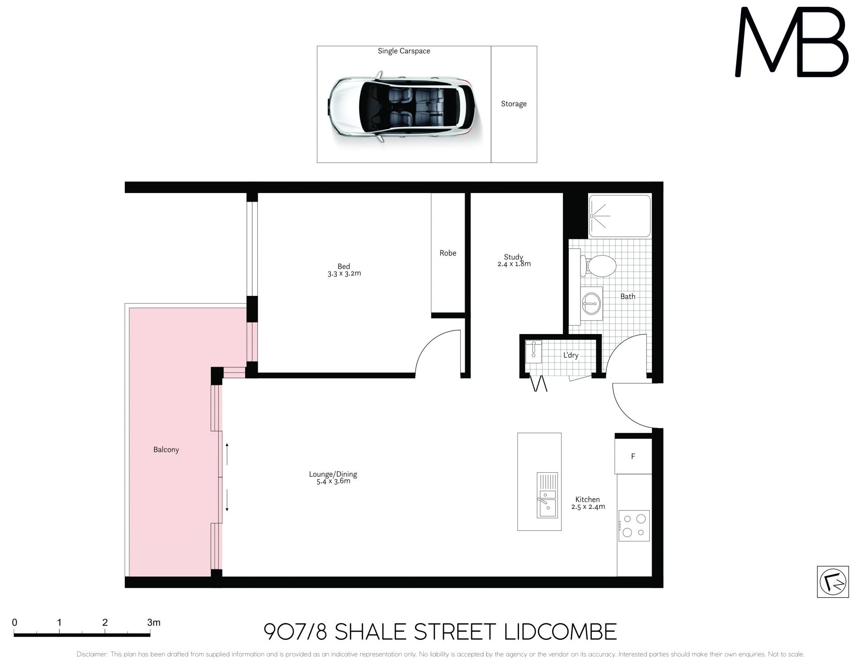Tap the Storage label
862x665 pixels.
[x=514, y=104]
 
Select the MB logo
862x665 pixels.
[x=791, y=42]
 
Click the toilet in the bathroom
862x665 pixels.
[x=598, y=266]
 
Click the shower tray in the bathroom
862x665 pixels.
[x=620, y=216]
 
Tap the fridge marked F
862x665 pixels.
[x=633, y=456]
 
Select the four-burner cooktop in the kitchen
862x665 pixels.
[x=634, y=525]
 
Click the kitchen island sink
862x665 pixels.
[x=547, y=495]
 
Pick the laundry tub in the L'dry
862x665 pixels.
[x=533, y=352]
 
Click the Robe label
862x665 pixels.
[x=448, y=253]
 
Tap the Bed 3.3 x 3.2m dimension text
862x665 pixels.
[x=344, y=273]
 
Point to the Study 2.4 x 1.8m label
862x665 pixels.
[x=514, y=260]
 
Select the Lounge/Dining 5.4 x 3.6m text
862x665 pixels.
[x=333, y=478]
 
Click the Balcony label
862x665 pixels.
[x=166, y=449]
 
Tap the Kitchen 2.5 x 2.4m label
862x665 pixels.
[x=588, y=503]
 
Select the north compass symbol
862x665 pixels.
[x=833, y=582]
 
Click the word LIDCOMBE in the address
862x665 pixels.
[x=560, y=632]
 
